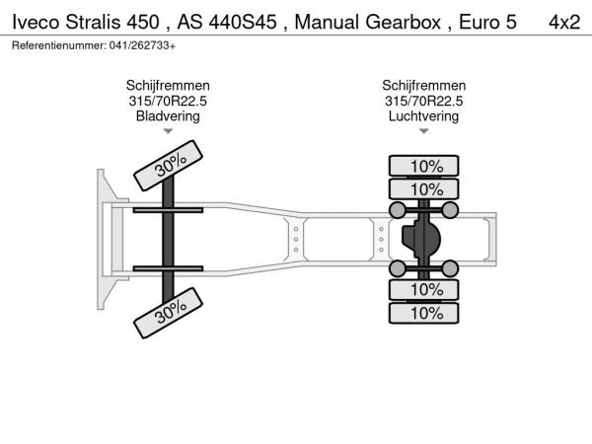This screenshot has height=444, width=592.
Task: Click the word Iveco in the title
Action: click(x=36, y=22)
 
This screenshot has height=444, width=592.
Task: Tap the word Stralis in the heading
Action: click(x=94, y=22)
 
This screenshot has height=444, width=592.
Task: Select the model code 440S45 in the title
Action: click(x=243, y=22)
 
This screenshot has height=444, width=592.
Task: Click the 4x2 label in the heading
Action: click(x=564, y=22)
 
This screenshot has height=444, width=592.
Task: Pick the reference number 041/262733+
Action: click(x=142, y=45)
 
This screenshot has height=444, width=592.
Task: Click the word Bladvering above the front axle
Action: click(x=168, y=116)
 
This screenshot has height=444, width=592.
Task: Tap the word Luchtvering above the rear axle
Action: click(x=423, y=116)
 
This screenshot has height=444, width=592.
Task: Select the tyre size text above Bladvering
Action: click(x=168, y=101)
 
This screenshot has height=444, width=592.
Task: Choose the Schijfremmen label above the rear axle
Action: click(x=423, y=85)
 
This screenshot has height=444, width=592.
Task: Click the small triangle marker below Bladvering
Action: click(x=168, y=131)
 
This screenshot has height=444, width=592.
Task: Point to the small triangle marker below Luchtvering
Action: click(x=423, y=131)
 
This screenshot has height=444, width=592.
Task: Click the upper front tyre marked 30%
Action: click(x=168, y=166)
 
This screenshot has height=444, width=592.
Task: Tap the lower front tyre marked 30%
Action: click(x=168, y=313)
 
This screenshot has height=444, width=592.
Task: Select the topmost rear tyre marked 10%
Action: click(x=423, y=166)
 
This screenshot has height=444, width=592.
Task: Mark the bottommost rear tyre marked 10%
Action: click(x=423, y=313)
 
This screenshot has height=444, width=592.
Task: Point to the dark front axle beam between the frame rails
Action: click(x=168, y=239)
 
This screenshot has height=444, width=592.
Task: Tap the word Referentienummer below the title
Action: click(x=59, y=45)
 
